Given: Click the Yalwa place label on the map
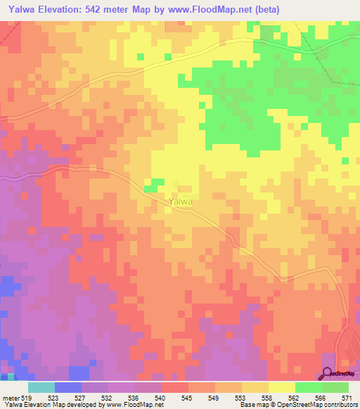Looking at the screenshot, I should pos(180,201).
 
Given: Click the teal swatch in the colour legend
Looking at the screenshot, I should pos(41,387).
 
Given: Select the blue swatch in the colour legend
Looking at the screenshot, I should pos(68,387).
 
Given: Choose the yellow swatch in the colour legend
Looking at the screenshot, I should pos(281,387).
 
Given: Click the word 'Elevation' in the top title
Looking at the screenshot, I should pos(73,9).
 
